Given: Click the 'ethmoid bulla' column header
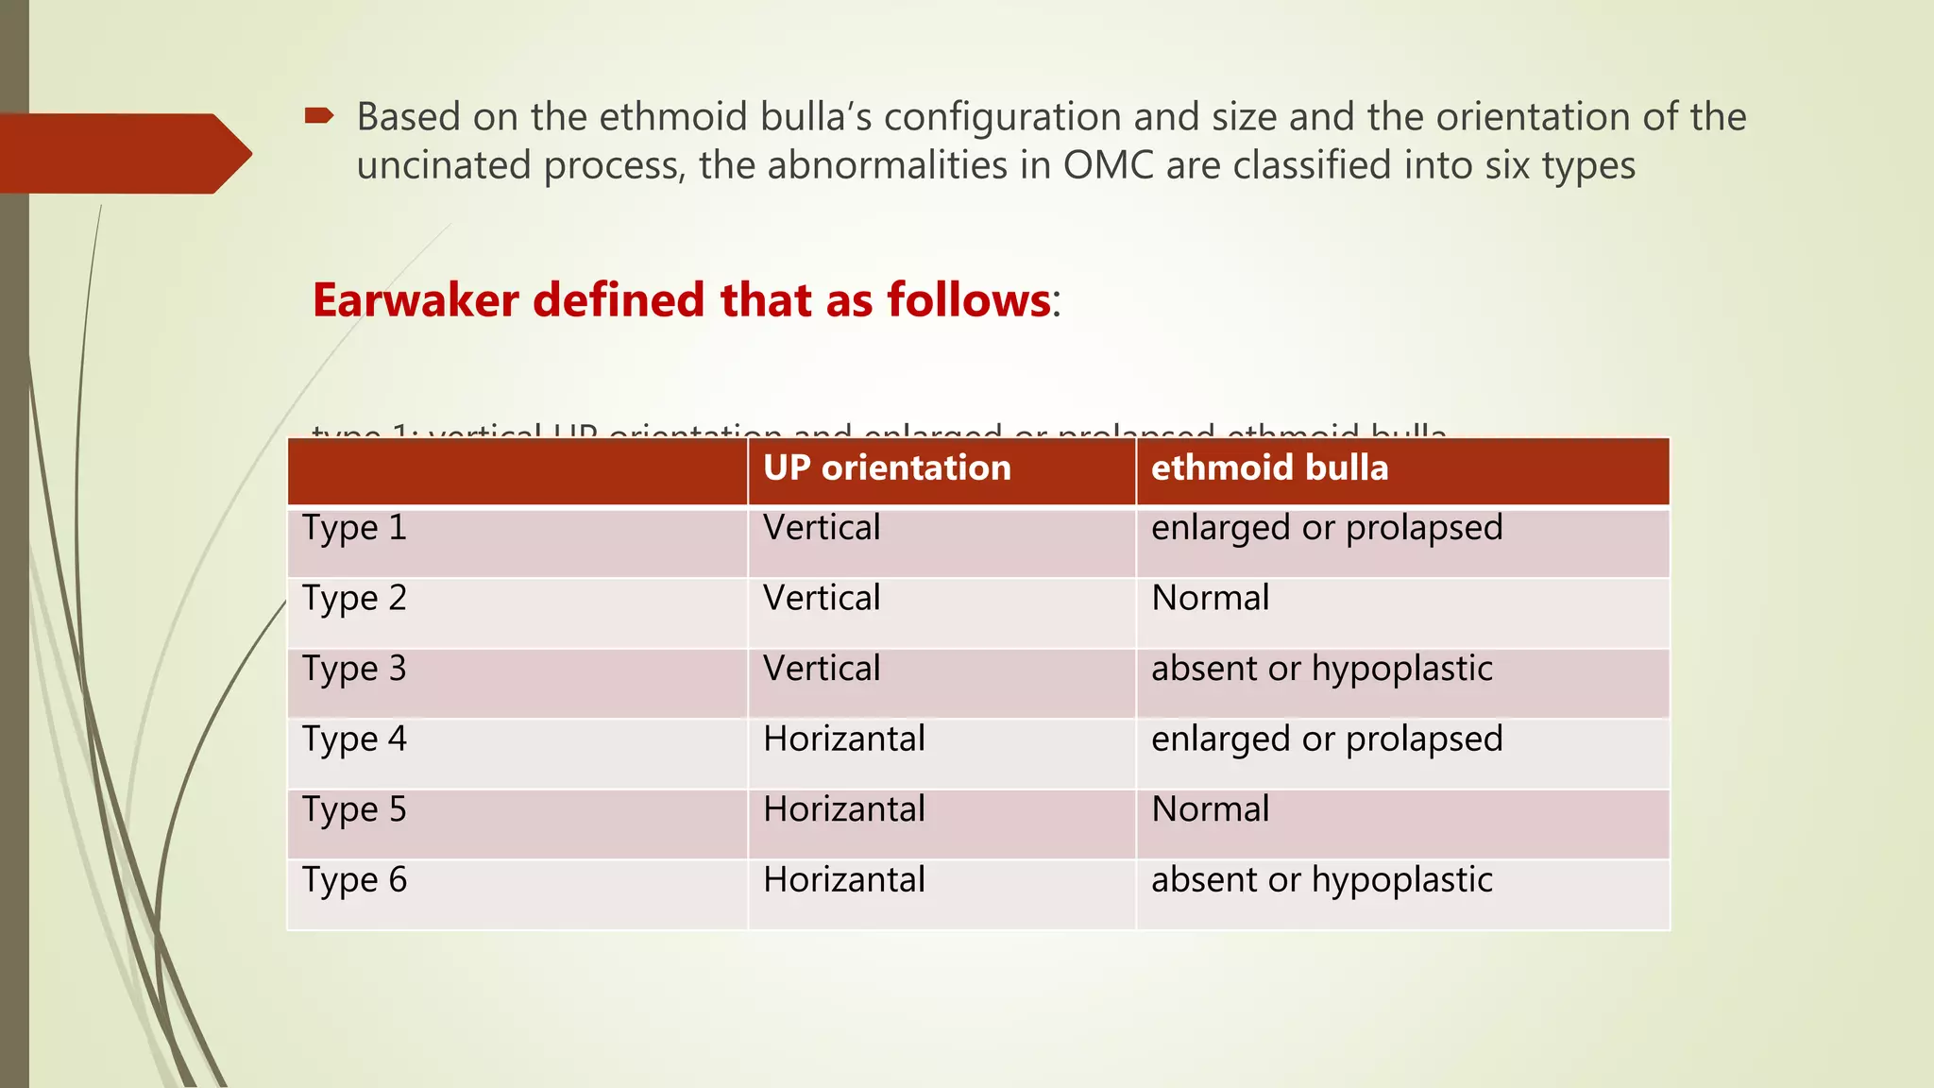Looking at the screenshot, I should point(1269,468).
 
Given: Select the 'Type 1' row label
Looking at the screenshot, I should point(354,528).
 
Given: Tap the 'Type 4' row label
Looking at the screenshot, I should point(354,739).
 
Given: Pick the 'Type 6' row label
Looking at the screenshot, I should point(354,880).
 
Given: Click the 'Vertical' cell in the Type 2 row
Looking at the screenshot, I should point(822,598).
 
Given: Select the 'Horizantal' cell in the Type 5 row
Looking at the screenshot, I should point(843,809).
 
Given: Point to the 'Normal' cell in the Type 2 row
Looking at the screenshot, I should point(1210,598).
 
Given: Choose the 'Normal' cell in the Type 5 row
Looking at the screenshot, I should point(1210,809).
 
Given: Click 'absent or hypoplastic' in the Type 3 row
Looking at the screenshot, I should point(1321,669).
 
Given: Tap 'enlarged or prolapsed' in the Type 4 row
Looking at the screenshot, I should point(1326,739).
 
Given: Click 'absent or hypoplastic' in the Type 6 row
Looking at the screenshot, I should point(1321,880).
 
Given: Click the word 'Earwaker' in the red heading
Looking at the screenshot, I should point(416,300).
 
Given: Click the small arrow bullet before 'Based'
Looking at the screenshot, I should point(319,116).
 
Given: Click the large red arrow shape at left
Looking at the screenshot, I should point(123,153).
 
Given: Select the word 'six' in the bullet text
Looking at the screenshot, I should point(1507,165).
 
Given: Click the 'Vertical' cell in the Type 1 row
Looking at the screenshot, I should point(822,528).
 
